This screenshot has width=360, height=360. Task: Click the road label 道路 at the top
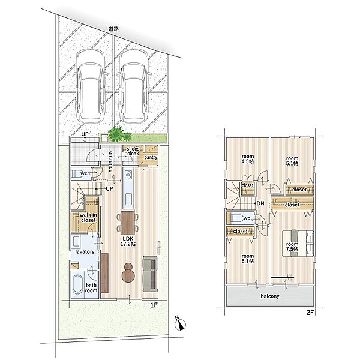[113, 29]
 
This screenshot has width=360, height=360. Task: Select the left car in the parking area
[90, 86]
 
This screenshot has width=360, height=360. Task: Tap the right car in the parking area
[134, 86]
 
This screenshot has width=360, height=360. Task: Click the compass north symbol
[180, 324]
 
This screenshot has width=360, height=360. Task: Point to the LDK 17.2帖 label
[128, 242]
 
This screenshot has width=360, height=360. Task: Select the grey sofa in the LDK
[150, 274]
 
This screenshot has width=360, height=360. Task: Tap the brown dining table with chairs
[128, 223]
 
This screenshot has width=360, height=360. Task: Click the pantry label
[151, 157]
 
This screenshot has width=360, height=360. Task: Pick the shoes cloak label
[133, 151]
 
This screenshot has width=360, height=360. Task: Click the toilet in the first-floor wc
[77, 174]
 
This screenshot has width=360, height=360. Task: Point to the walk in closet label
[88, 218]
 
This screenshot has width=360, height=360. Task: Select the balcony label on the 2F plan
[270, 296]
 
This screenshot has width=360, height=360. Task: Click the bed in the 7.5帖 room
[298, 244]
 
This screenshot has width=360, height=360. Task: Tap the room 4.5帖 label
[247, 159]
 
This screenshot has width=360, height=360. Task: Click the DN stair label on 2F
[260, 203]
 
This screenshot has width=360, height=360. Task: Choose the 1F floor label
[154, 305]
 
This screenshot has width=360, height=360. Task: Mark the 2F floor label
[310, 313]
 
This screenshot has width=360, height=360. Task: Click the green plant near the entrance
[119, 134]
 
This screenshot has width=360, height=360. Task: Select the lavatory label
[85, 252]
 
